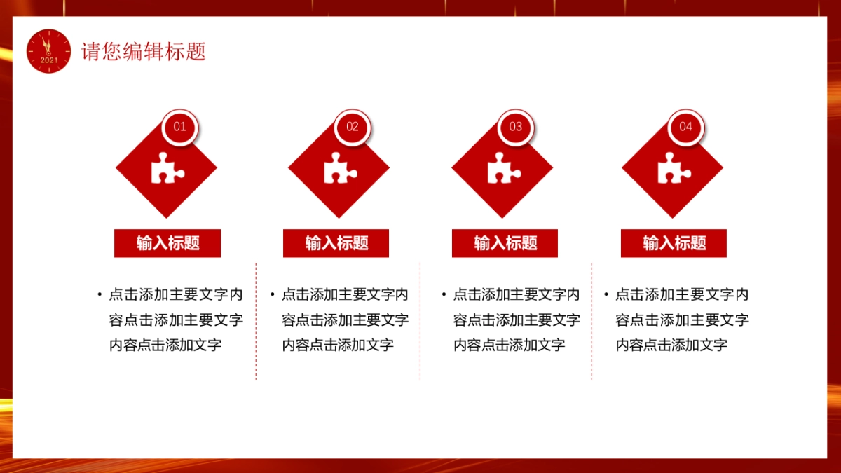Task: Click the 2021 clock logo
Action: point(49,51)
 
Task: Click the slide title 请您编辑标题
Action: point(144,52)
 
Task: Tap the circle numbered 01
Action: point(180,127)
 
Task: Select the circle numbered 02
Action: point(353,127)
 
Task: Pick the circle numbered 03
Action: point(516,127)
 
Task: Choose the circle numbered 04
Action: point(685,127)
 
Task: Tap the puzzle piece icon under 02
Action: point(340,168)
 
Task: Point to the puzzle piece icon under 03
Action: point(503,168)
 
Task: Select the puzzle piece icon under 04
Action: point(674,168)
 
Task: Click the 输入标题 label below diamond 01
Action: point(167,243)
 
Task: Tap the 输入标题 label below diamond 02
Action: point(336,243)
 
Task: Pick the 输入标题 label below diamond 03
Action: point(505,243)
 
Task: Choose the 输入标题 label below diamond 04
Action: point(674,243)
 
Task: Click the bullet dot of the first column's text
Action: point(100,294)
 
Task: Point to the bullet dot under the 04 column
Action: point(606,294)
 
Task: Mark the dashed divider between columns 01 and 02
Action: point(256,321)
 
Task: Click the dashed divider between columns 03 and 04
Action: point(592,321)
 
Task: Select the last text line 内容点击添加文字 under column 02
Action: point(338,345)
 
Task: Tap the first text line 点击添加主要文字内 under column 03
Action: point(517,294)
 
